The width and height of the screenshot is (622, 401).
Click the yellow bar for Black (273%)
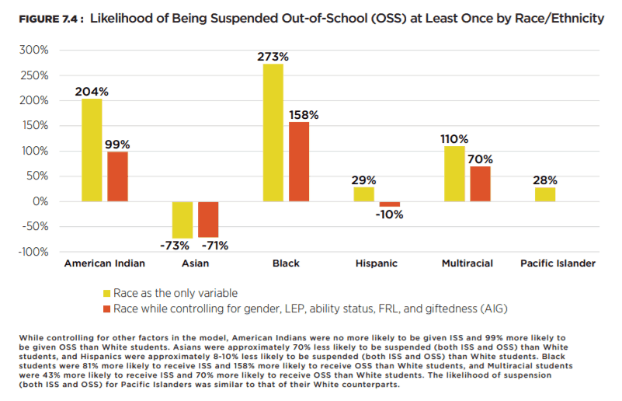tap(273, 132)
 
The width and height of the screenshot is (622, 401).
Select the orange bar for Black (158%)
tap(299, 162)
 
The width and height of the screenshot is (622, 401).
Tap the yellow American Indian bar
tap(92, 150)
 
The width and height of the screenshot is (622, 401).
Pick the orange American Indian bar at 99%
tap(117, 176)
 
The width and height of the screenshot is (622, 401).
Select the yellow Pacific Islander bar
tap(544, 194)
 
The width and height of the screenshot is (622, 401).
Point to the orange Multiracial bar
tap(481, 184)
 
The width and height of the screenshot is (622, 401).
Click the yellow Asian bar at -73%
tap(182, 219)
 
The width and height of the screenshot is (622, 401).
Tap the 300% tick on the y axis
tap(35, 50)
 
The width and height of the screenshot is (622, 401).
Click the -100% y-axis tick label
tap(33, 252)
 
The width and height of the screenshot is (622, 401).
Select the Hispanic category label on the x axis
tap(377, 263)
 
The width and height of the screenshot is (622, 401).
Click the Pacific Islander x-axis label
tap(558, 263)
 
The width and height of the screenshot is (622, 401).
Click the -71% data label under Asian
tap(214, 246)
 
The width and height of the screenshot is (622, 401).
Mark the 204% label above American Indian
tap(92, 91)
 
